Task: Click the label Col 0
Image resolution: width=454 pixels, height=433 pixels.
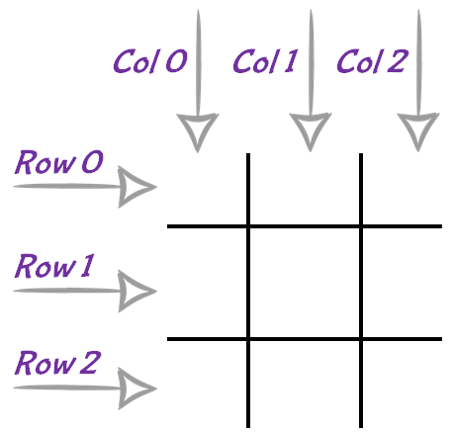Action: [150, 61]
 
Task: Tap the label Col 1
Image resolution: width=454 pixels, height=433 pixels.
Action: [265, 61]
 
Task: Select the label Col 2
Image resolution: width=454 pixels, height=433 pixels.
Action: [373, 61]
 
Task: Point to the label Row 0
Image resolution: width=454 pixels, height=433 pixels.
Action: [59, 162]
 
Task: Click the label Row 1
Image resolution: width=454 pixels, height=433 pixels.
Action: [54, 266]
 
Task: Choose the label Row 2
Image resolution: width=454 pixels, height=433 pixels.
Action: [57, 363]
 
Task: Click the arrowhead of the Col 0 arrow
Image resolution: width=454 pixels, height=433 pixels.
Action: [198, 131]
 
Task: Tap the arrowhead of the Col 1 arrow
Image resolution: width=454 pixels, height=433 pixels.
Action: [311, 131]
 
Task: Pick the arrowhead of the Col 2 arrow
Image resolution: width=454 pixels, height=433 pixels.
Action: [418, 131]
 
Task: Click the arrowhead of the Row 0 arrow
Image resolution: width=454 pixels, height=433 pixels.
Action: [136, 187]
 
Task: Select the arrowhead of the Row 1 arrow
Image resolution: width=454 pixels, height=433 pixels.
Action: [136, 291]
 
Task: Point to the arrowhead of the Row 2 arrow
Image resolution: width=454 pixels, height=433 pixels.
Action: [136, 389]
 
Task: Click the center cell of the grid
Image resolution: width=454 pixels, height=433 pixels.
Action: [305, 283]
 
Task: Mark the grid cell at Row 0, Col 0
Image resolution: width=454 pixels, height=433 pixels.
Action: [207, 189]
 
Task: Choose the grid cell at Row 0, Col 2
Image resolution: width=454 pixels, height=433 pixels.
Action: [403, 189]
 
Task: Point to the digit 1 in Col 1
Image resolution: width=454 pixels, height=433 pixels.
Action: [291, 61]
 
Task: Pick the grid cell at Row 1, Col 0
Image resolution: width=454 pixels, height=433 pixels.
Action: [207, 283]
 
